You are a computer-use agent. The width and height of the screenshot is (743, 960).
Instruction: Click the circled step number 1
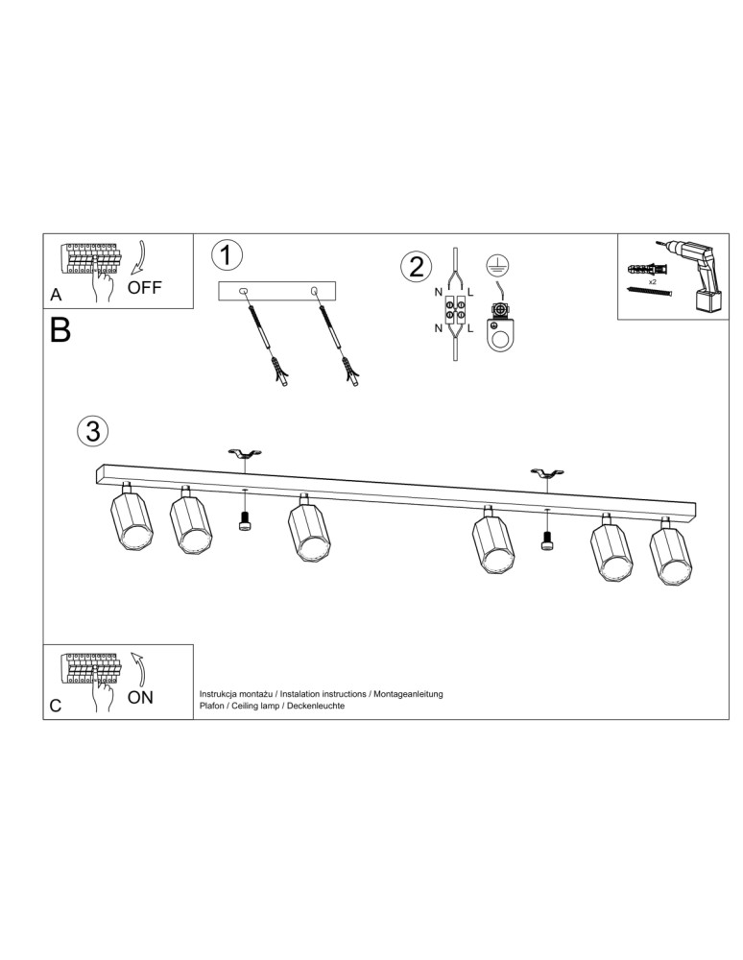pos(226,255)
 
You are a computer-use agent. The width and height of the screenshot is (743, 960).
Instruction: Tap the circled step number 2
pos(416,266)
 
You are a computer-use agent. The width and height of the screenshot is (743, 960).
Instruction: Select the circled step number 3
pos(92,431)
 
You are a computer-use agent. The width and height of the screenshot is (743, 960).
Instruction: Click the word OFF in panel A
pos(145,287)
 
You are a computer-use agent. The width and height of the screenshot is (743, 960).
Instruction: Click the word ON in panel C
pos(140,698)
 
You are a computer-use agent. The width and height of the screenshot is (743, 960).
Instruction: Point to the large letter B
pos(60,331)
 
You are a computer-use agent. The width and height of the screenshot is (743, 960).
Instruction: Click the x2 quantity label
pos(652,283)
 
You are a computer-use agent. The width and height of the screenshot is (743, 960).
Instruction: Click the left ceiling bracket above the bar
pos(244,454)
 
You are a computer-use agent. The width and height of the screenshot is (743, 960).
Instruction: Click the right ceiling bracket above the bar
pos(547,473)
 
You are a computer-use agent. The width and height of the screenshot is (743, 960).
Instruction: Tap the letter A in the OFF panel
pos(56,296)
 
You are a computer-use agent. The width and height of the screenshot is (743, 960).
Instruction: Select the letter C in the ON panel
pos(56,706)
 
